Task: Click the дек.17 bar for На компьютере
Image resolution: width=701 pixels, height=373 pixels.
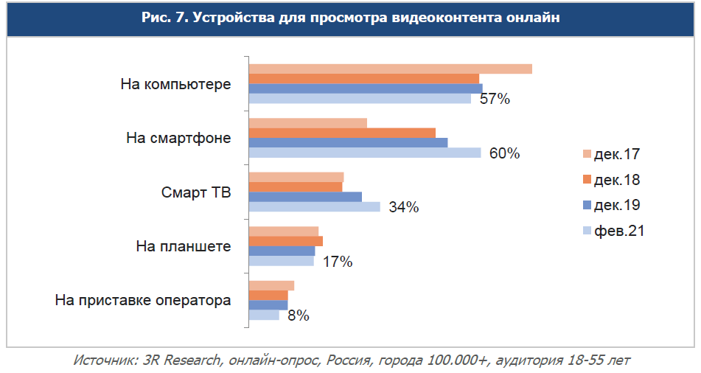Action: (390, 69)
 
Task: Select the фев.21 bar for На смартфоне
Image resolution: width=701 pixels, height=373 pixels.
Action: (364, 153)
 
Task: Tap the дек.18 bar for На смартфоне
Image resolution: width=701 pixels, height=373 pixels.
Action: (342, 133)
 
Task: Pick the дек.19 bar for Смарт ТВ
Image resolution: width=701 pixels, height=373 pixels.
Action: (305, 197)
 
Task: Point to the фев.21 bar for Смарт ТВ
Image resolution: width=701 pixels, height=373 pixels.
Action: (314, 206)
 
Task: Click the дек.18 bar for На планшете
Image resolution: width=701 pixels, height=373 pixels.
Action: (285, 241)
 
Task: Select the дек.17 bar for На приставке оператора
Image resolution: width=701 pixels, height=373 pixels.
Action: (271, 285)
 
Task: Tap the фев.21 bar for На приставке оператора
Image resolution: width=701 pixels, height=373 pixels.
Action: (264, 315)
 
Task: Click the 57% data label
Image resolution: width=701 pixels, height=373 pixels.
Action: (495, 100)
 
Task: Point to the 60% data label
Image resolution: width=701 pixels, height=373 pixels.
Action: (505, 153)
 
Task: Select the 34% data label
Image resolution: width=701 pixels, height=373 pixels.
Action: (403, 207)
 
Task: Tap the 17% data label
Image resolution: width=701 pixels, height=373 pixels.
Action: (338, 262)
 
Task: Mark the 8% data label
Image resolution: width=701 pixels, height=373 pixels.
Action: (298, 316)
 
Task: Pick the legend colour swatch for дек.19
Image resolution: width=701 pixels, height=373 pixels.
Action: (587, 206)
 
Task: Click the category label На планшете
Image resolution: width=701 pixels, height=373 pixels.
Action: (184, 246)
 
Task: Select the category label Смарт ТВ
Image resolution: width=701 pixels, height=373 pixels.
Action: (196, 192)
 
